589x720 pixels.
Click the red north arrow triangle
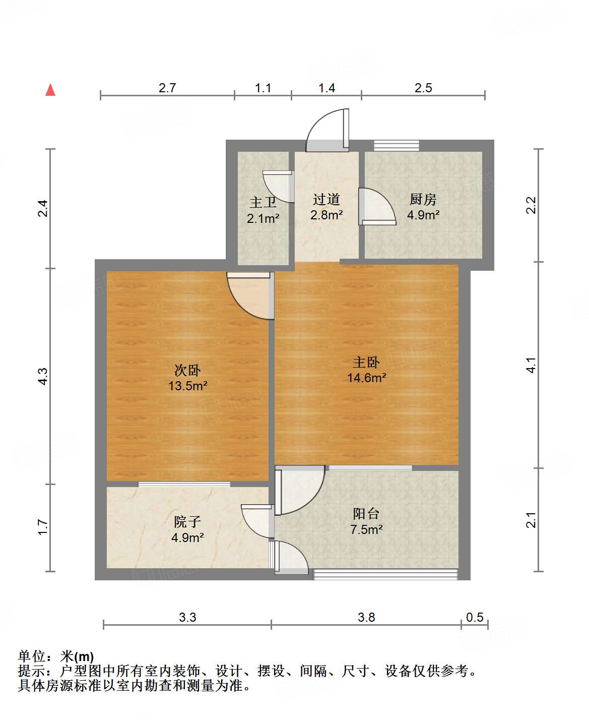[50, 90]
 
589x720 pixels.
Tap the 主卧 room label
[366, 362]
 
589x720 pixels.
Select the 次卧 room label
[187, 370]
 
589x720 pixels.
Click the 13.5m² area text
[188, 386]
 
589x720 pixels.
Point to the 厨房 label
[423, 200]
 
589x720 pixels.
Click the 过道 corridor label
[326, 200]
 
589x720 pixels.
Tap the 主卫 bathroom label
[263, 203]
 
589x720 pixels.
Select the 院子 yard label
[187, 522]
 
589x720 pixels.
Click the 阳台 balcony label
[366, 514]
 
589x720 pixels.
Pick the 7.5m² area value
[366, 529]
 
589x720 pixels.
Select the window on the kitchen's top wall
[397, 146]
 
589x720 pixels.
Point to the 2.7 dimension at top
[167, 88]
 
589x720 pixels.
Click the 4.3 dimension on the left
[43, 376]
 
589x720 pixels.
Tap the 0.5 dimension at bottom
[475, 617]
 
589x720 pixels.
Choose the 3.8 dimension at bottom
[366, 617]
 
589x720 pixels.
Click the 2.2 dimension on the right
[531, 205]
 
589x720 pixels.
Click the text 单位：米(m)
[56, 656]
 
